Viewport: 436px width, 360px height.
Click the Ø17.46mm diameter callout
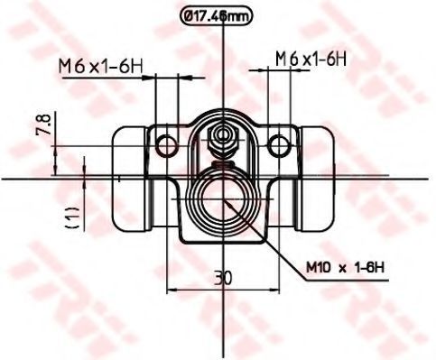tap(216, 16)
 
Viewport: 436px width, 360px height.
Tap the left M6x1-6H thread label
tap(100, 67)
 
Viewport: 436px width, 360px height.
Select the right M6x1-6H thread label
tap(311, 59)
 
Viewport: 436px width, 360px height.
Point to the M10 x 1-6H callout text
tap(346, 267)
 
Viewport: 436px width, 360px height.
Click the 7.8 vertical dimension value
tap(43, 124)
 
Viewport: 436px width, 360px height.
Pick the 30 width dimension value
tap(223, 278)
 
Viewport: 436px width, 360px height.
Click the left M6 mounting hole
tap(166, 146)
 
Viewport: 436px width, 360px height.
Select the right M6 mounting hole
tap(279, 146)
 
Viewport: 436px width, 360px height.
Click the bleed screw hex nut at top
tap(223, 140)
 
